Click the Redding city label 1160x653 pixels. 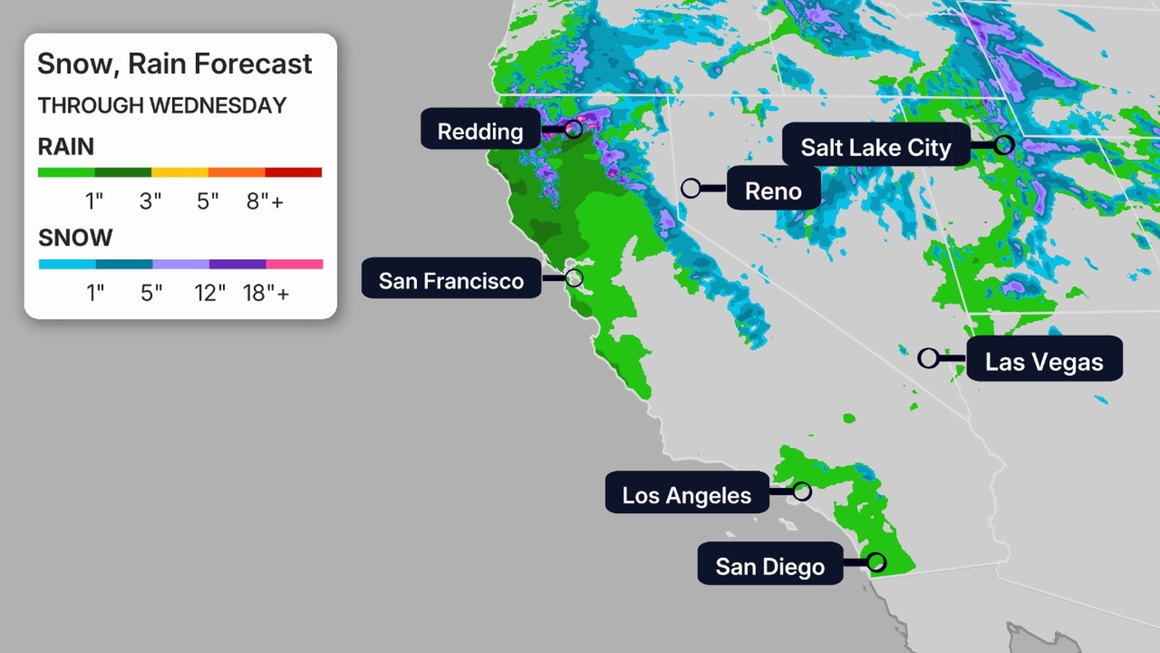tap(480, 131)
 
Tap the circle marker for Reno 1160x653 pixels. tap(691, 188)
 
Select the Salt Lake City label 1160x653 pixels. tap(875, 146)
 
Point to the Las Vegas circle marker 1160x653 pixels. tap(928, 358)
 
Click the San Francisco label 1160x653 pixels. tap(451, 280)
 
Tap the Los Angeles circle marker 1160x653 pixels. tap(802, 491)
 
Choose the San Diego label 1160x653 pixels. tap(770, 566)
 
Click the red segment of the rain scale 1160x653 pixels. tap(293, 173)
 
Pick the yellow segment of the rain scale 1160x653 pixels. tap(179, 173)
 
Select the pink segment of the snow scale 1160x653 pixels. tap(294, 264)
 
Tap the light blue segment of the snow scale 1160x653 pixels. tap(67, 264)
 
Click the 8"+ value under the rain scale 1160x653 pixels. tap(265, 201)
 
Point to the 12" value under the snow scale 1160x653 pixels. tap(210, 293)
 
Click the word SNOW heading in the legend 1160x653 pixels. tap(76, 238)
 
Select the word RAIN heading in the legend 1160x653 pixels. tap(66, 147)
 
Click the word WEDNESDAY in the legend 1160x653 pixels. tap(218, 106)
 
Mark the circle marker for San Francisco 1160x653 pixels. tap(574, 278)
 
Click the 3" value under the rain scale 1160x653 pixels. tap(150, 201)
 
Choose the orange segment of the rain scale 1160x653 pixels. tap(236, 173)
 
